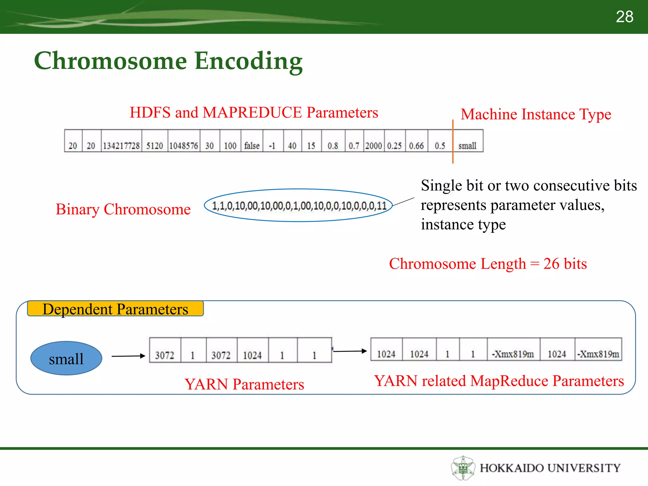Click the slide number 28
coord(624,17)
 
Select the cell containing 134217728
coord(121,146)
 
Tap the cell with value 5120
coord(154,146)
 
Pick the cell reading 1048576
coord(184,146)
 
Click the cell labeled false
coord(252,146)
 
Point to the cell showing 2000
coord(374,146)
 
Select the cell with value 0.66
coord(416,146)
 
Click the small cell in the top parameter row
coord(467,146)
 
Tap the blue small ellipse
coord(66,358)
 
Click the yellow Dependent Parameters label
coord(115,309)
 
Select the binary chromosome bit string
coord(299,206)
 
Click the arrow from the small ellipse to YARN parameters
coord(128,356)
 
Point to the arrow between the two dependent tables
coord(350,351)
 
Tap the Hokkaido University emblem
coord(463,468)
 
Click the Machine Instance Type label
coord(536,114)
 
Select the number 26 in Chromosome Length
coord(551,264)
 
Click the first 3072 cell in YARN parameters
coord(165,355)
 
